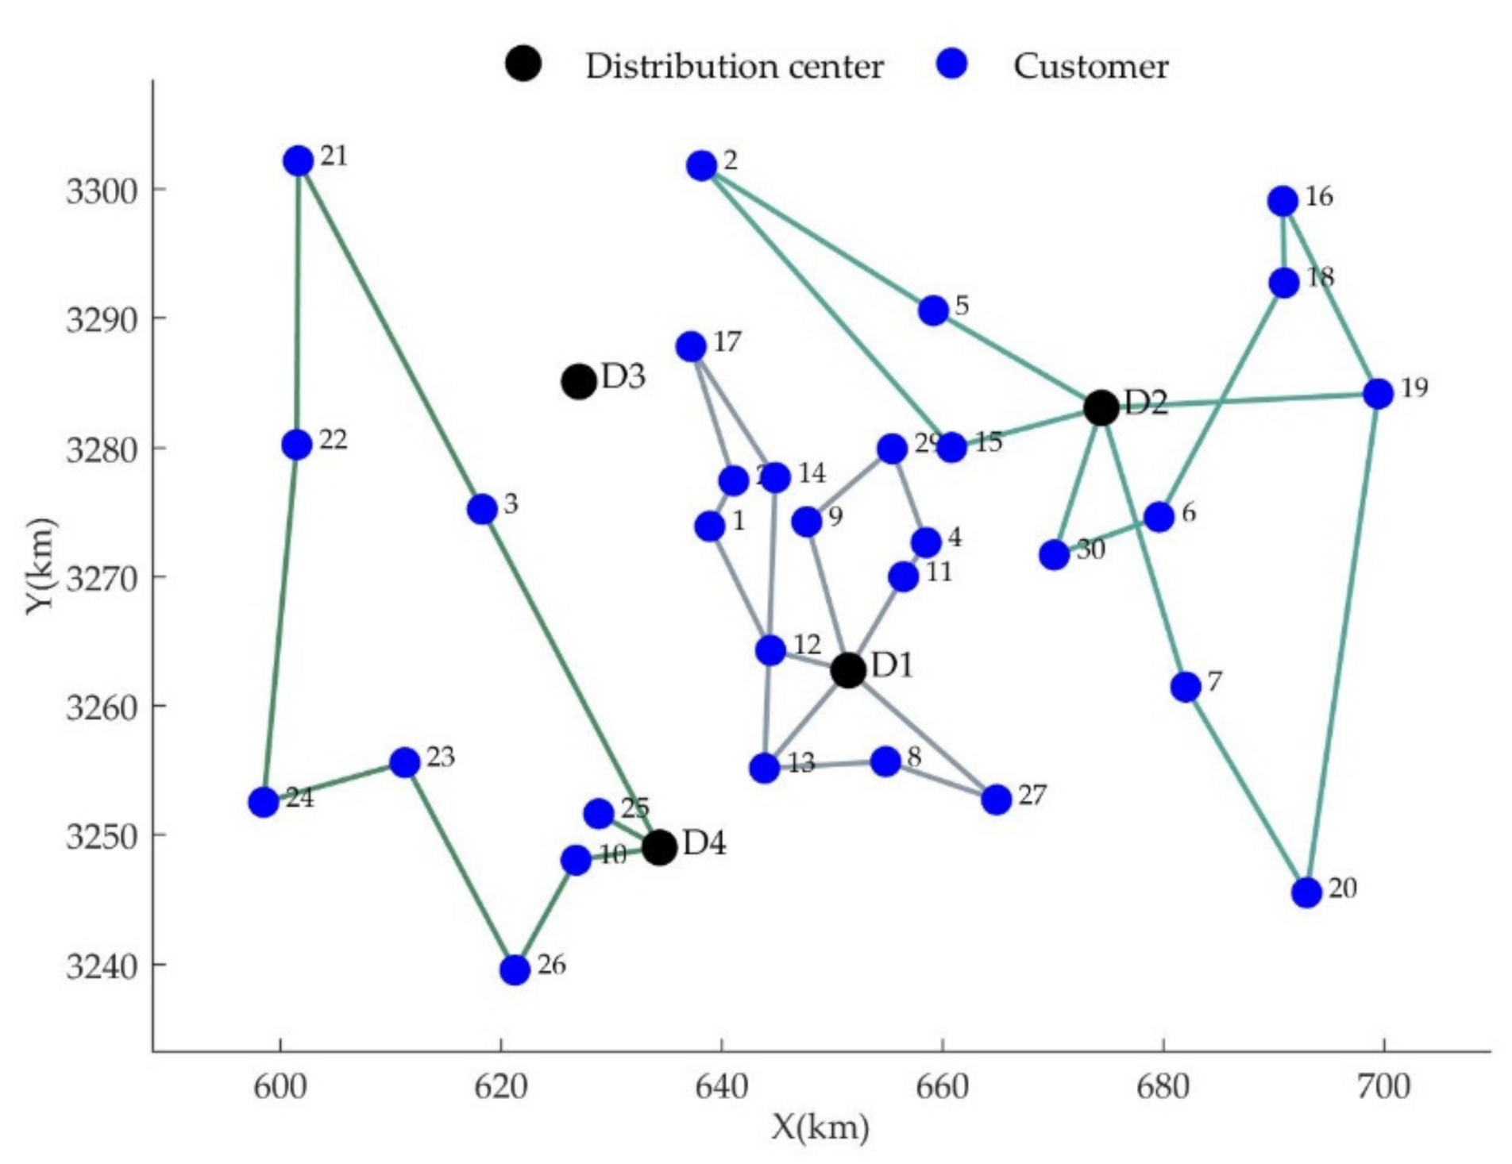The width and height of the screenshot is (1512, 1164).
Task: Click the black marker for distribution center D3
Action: pyautogui.click(x=579, y=382)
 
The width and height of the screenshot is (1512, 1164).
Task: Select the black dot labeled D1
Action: pyautogui.click(x=848, y=670)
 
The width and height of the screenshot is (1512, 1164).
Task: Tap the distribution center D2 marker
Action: pyautogui.click(x=1101, y=408)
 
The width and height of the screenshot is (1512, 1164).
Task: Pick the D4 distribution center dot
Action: pyautogui.click(x=659, y=848)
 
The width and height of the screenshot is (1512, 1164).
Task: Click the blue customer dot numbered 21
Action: pyautogui.click(x=299, y=161)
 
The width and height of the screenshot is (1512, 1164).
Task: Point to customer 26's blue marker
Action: pyautogui.click(x=515, y=969)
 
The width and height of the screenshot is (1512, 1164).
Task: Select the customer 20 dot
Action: pyautogui.click(x=1306, y=892)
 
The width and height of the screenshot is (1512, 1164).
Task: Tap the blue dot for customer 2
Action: pyautogui.click(x=702, y=166)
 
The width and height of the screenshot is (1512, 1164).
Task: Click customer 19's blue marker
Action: pyautogui.click(x=1379, y=393)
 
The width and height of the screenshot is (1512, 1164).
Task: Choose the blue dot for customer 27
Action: pyautogui.click(x=997, y=800)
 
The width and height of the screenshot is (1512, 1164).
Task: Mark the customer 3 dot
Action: pyautogui.click(x=482, y=509)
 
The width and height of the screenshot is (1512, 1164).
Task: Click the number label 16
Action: pyautogui.click(x=1319, y=196)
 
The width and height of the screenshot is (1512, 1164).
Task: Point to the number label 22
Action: pyautogui.click(x=334, y=440)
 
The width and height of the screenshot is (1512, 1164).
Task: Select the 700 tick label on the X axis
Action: pyautogui.click(x=1383, y=1086)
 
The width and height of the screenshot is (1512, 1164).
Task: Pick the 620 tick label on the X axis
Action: pyautogui.click(x=501, y=1086)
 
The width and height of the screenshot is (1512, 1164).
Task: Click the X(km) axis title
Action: pyautogui.click(x=820, y=1127)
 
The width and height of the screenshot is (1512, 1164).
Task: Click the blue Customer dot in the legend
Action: pyautogui.click(x=952, y=64)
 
